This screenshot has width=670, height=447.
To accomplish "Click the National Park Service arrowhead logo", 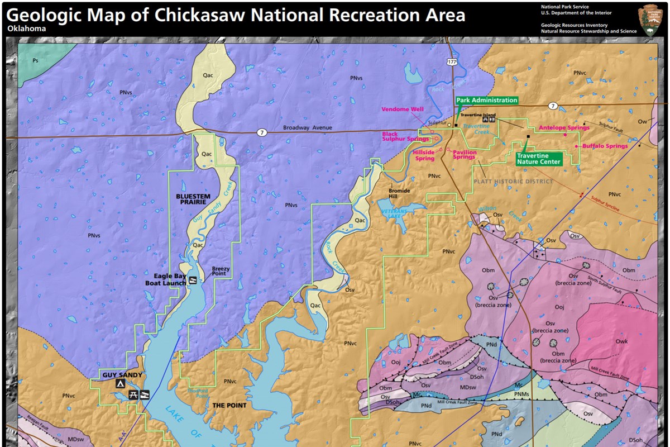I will [651, 20].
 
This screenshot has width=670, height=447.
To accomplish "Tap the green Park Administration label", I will [487, 101].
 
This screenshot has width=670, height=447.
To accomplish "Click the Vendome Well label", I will [403, 110].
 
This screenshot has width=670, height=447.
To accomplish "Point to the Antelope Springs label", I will [564, 128].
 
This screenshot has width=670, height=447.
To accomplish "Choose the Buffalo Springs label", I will [605, 146].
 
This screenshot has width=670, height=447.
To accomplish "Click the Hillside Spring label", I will [424, 155].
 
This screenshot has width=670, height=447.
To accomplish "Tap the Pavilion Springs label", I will [465, 155].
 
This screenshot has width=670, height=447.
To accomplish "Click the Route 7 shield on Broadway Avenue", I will [261, 133].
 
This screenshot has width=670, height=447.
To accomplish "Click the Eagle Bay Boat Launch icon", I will [193, 279].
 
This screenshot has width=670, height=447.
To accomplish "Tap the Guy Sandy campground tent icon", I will [119, 384].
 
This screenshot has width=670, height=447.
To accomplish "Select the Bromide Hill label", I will [399, 194].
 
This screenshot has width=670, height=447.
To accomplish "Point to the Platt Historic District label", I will [513, 182].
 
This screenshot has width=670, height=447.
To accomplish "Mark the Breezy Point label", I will [221, 272].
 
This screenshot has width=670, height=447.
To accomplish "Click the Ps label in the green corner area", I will [35, 60].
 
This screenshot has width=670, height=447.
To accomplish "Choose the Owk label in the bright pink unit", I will [621, 341].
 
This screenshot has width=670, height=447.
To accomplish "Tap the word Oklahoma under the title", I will [26, 28].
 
